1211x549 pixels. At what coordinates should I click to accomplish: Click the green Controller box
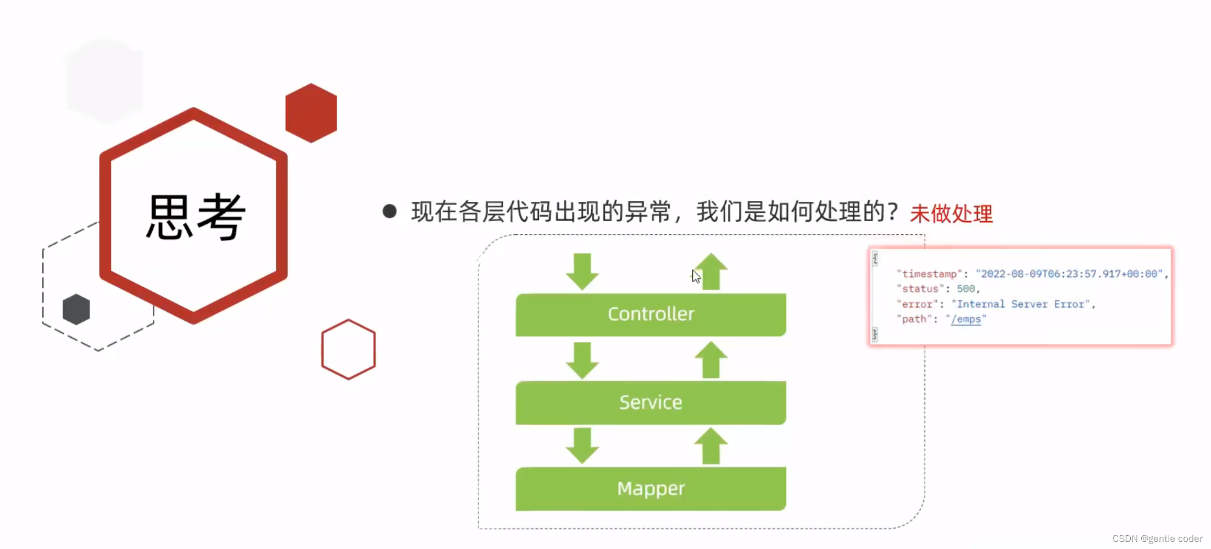[651, 314]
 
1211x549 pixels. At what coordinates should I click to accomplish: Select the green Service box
[651, 402]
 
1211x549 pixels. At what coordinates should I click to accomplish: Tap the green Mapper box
[651, 488]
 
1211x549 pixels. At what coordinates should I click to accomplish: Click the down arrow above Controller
[582, 271]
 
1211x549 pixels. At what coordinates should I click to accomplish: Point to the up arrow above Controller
[711, 271]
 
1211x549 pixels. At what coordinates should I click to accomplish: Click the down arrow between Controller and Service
[582, 360]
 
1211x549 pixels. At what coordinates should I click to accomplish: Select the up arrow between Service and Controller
[711, 359]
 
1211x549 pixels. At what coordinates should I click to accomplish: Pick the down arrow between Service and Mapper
[582, 446]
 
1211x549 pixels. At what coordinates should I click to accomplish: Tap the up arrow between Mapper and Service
[711, 446]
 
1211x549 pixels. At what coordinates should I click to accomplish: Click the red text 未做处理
[951, 213]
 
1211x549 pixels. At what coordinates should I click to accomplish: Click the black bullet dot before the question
[390, 211]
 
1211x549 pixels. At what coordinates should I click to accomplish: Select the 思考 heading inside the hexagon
[196, 217]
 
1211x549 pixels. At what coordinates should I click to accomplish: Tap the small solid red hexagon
[311, 113]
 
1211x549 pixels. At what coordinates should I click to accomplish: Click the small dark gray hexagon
[76, 309]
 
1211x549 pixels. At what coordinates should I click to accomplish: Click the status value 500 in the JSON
[966, 289]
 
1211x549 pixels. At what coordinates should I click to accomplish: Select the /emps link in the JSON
[966, 319]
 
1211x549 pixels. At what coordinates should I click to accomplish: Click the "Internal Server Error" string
[1021, 304]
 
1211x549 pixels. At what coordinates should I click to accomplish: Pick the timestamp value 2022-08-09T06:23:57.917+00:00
[1069, 274]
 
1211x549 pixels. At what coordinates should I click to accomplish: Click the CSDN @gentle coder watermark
[1158, 539]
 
